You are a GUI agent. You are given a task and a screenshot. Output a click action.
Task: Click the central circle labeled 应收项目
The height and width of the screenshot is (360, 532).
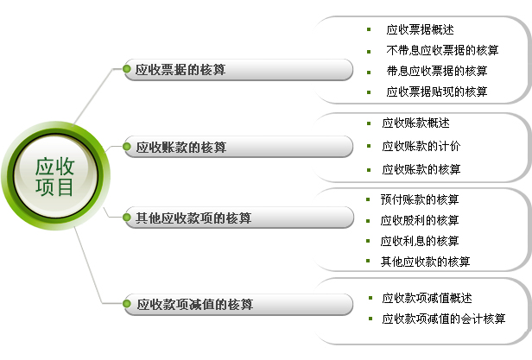point(55,176)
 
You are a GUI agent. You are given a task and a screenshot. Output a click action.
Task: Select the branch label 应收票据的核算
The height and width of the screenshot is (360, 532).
point(180,70)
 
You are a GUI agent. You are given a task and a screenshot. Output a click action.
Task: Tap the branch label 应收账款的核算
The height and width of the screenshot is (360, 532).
point(180,147)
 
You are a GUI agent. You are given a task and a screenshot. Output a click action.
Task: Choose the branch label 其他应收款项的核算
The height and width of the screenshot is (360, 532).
point(193,218)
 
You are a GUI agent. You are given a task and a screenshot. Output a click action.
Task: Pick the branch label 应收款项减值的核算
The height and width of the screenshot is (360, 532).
point(195,304)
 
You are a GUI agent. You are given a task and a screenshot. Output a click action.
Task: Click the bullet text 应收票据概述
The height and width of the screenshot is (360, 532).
point(420,30)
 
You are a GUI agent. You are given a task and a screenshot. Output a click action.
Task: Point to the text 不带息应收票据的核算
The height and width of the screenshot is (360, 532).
point(442,50)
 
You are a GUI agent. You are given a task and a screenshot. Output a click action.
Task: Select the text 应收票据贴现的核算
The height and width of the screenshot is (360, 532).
point(437,92)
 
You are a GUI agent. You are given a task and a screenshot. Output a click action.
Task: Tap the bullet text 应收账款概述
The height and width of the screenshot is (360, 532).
point(415,123)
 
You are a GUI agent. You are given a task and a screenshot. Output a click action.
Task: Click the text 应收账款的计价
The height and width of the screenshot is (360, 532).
point(421,146)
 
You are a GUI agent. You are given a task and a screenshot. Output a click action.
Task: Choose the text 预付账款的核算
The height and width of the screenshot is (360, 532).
point(420,199)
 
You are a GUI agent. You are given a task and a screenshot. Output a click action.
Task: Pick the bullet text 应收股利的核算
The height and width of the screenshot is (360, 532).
point(420,220)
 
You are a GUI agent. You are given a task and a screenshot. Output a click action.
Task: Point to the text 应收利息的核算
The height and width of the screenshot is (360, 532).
point(420,241)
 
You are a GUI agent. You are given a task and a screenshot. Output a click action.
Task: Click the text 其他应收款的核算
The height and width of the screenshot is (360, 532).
point(425,262)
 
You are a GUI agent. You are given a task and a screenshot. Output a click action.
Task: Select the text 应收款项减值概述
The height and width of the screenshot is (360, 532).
point(427,298)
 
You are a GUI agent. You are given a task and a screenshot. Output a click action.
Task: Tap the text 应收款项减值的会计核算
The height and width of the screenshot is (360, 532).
point(443,319)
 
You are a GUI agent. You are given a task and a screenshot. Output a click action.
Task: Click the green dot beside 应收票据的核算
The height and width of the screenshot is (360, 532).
point(127,69)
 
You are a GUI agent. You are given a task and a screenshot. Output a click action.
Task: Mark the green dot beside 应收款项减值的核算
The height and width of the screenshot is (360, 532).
point(127,303)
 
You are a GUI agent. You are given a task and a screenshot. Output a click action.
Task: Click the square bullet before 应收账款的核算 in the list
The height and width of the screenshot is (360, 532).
point(369,170)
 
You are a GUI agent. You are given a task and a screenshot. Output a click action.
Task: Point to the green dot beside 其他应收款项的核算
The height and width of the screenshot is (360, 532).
point(127,218)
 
